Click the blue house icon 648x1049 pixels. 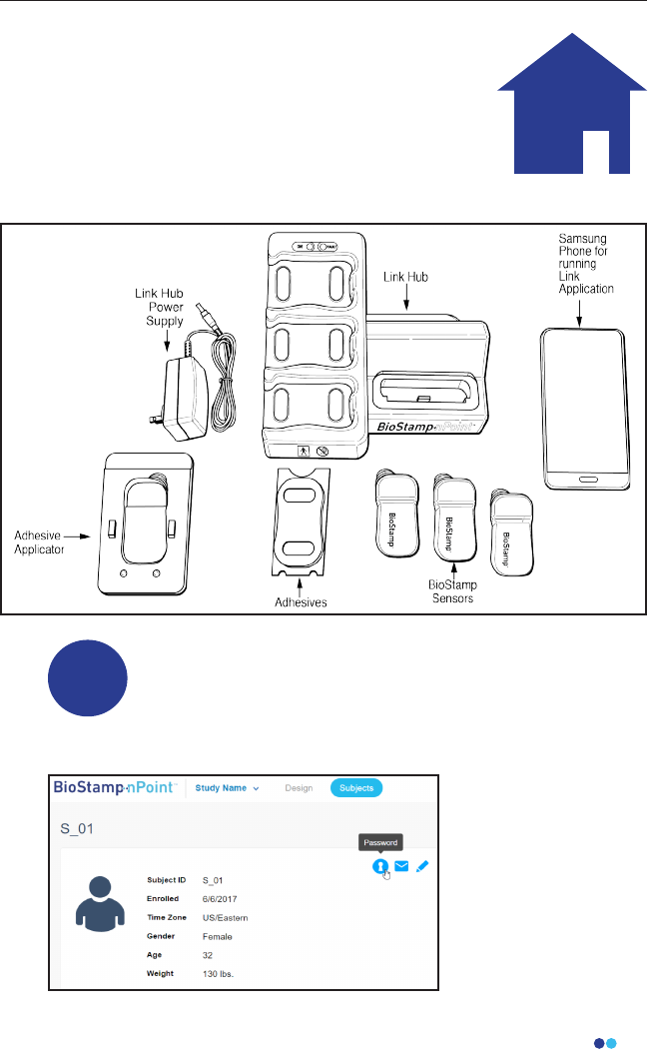564,110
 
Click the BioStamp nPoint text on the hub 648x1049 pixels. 431,425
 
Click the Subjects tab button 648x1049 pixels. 356,788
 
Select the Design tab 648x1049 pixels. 299,788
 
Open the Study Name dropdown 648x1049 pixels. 227,788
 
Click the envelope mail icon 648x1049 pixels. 402,866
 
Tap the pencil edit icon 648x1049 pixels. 423,866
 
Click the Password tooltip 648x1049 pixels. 380,843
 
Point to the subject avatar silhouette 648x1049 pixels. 101,904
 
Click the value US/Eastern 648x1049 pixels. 225,917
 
